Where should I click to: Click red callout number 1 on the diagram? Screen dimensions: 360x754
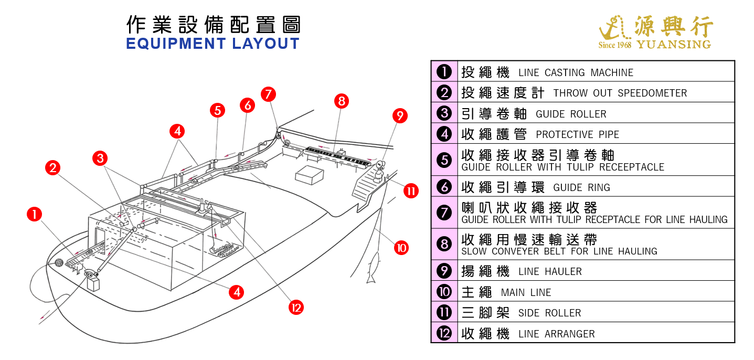tap(34, 214)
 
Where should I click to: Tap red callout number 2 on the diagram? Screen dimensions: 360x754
tap(52, 168)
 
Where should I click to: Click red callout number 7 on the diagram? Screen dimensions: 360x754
tap(268, 94)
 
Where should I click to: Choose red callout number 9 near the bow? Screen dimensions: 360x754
tap(399, 115)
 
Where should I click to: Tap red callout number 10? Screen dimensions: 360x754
tap(401, 247)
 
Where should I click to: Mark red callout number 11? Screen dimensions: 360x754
tap(411, 191)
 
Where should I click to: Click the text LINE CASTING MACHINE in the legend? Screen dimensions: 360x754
tap(576, 72)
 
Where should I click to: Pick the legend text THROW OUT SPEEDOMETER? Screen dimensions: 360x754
tap(620, 93)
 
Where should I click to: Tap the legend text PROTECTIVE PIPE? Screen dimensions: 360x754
tap(577, 134)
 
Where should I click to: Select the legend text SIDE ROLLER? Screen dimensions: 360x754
tap(549, 313)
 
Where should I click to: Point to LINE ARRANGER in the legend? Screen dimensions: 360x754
tap(556, 334)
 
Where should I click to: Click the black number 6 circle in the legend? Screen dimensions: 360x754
tap(444, 186)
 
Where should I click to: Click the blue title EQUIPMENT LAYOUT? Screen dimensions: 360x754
tap(213, 44)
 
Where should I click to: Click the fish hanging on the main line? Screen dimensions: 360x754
tap(375, 262)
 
